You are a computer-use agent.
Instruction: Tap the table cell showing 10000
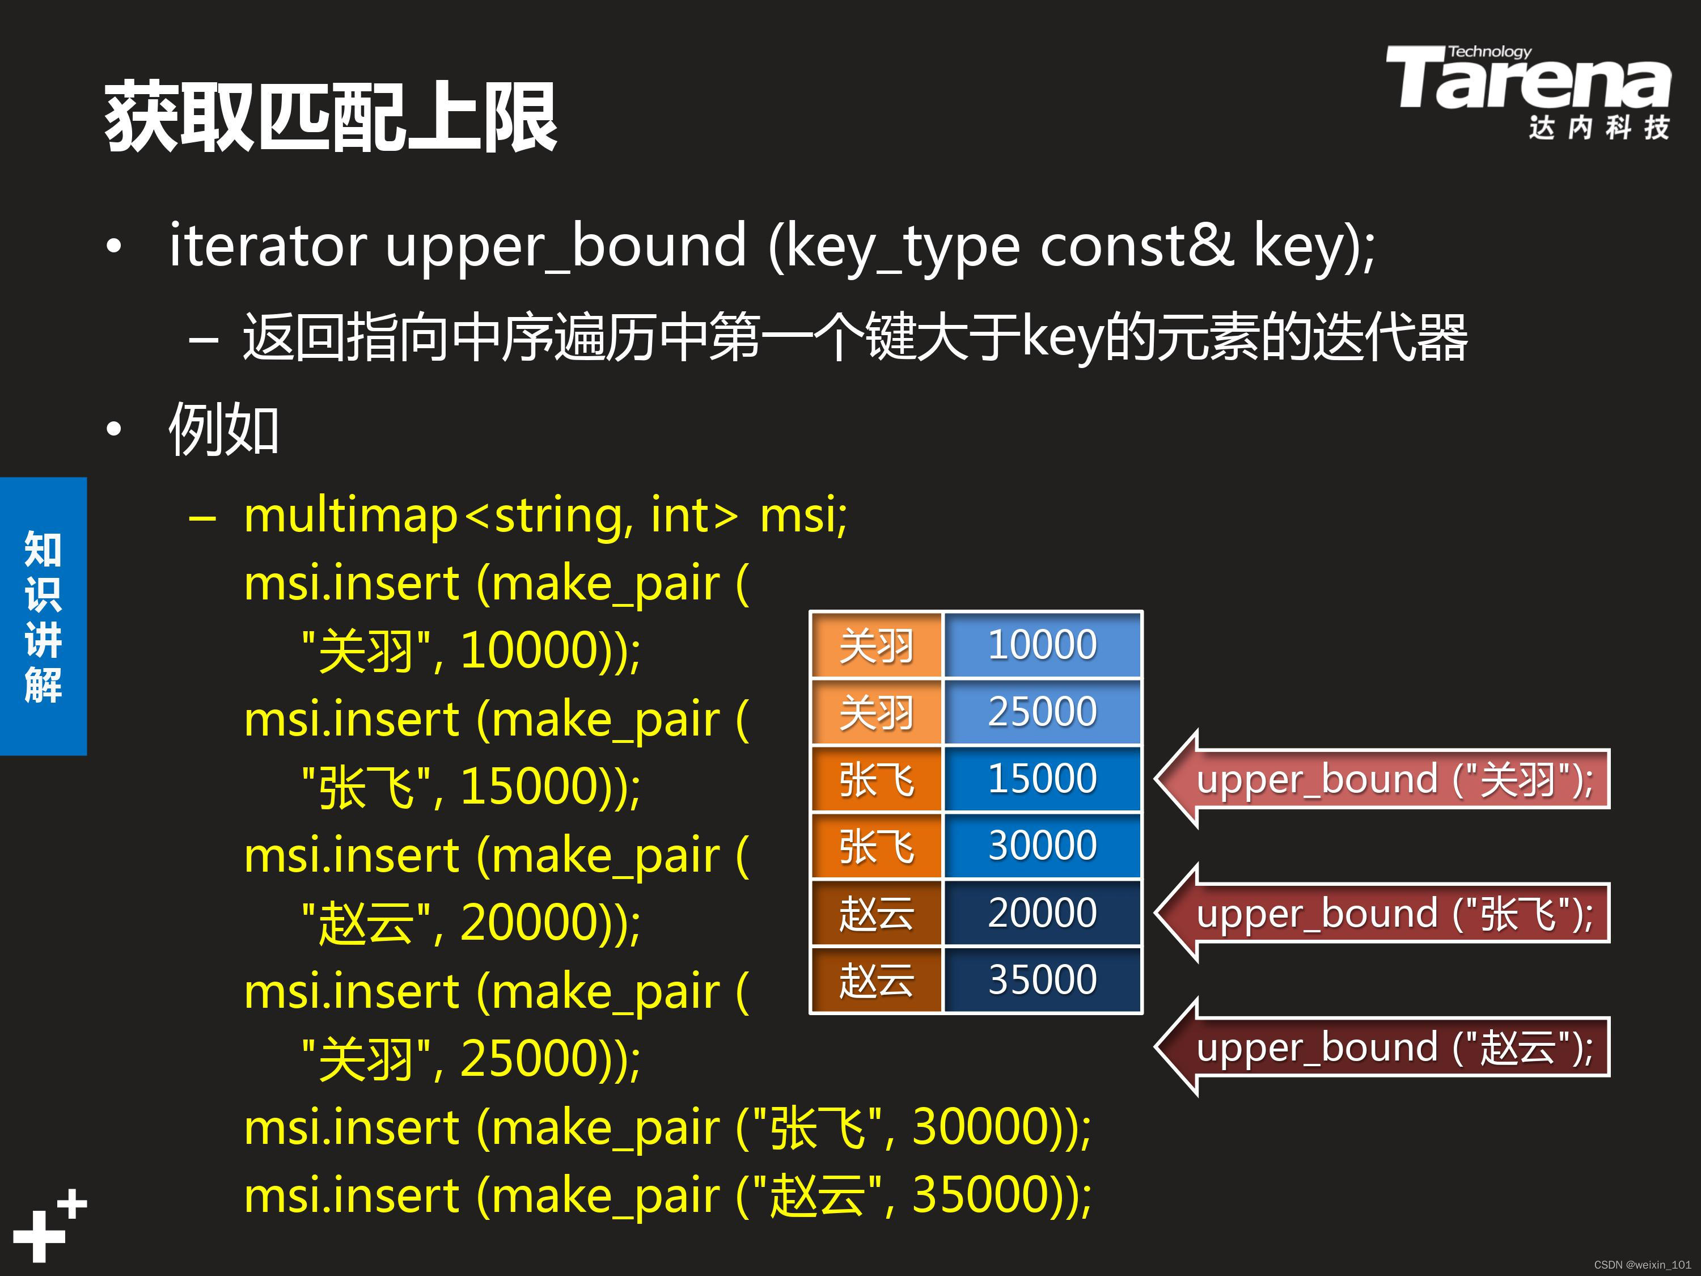tap(1042, 645)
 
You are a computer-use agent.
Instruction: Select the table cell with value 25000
tap(1042, 712)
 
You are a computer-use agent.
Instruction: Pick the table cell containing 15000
tap(1042, 779)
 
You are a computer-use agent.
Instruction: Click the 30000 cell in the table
tap(1042, 846)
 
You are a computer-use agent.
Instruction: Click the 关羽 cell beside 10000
tap(877, 645)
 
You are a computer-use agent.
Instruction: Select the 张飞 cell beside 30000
tap(877, 846)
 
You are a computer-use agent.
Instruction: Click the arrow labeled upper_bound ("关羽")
tap(1384, 779)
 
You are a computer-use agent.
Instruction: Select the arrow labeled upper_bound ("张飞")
tap(1384, 914)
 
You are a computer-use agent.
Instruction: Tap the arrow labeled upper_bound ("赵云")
tap(1384, 1047)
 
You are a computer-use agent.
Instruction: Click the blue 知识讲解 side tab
tap(43, 616)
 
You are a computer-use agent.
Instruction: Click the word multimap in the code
tap(350, 516)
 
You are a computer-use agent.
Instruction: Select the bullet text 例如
tap(223, 428)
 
